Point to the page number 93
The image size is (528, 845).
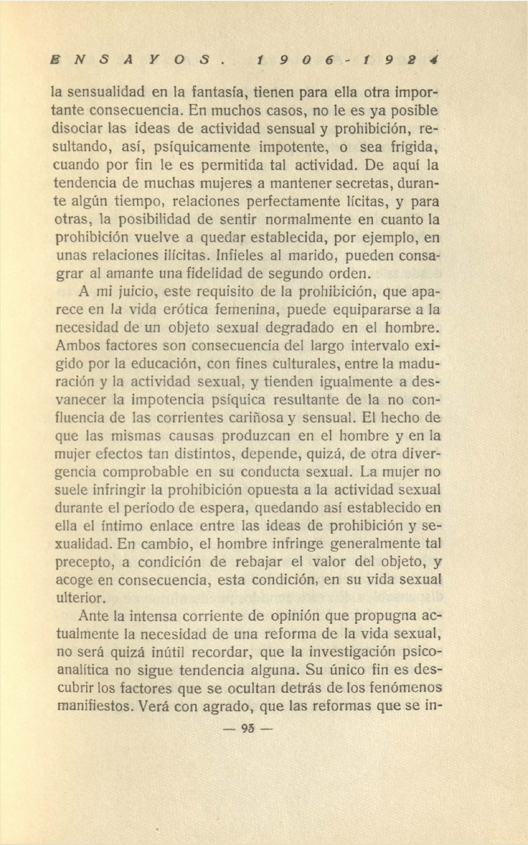[x=248, y=728]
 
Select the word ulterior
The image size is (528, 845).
[x=79, y=598]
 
